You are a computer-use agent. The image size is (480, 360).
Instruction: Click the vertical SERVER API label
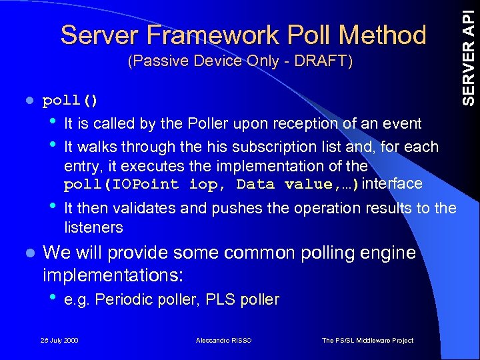469,53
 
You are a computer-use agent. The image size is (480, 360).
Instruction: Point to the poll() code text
70,101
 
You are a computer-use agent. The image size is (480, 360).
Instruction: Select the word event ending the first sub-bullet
403,123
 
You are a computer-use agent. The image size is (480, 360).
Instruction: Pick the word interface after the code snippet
394,183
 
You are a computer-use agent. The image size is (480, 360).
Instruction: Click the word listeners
93,227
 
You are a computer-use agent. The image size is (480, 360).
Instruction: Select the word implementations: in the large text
113,275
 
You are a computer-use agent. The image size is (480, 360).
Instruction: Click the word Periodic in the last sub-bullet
123,300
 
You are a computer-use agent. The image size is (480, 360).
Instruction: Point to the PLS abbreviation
219,300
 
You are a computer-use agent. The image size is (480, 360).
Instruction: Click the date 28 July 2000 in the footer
59,341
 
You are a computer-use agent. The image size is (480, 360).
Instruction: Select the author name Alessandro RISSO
224,341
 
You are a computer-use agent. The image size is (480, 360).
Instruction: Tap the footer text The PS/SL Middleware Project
367,341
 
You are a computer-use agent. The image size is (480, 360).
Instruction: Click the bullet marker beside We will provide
27,254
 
